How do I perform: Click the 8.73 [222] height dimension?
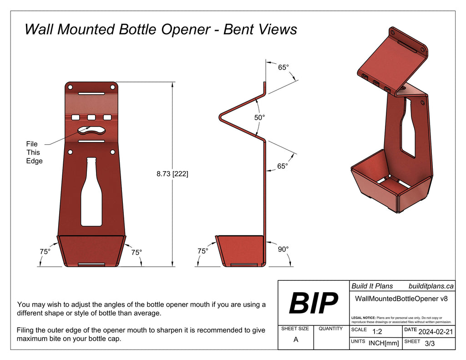172,174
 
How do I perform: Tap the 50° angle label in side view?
259,117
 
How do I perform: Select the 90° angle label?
283,249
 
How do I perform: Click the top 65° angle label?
283,67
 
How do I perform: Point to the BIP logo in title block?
314,303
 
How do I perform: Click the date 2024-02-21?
435,332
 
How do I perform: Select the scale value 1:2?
378,332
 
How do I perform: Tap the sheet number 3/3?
430,344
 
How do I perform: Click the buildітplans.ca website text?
431,286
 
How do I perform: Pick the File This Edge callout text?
34,152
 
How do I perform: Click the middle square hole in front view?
91,117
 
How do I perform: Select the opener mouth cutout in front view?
91,130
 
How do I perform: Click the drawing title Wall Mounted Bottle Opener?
160,29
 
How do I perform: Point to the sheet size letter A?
296,340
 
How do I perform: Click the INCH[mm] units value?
384,343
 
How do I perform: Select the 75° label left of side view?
203,251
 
